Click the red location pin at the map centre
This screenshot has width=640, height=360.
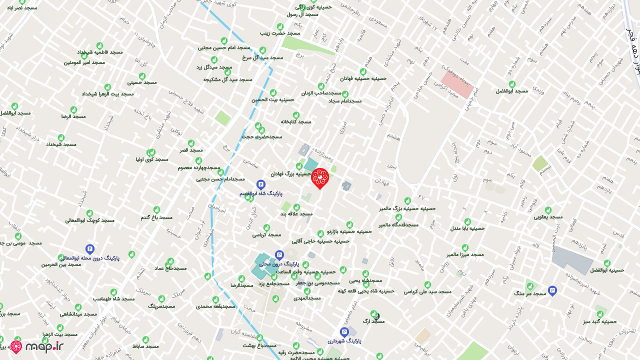coord(319,178)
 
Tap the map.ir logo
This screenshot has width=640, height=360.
coord(37,346)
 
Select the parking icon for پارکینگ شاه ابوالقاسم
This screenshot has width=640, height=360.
coord(260,184)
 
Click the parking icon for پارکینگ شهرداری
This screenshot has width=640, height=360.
coord(344,332)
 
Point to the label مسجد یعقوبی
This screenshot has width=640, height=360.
coord(548,217)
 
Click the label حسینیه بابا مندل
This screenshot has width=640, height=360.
coord(467,228)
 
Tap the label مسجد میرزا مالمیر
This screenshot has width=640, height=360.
coord(465,254)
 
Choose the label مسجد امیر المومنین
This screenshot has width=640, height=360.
coord(84,62)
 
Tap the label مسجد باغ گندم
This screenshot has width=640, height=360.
coord(156,217)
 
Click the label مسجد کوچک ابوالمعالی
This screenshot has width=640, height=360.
coord(90,220)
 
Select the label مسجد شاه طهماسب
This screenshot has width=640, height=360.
coord(113,298)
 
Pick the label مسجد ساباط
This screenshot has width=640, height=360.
coord(145,346)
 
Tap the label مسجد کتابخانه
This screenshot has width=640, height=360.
coord(296,121)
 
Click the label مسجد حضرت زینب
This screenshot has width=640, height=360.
coord(280,33)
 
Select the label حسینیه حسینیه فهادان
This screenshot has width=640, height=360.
coord(363,78)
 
